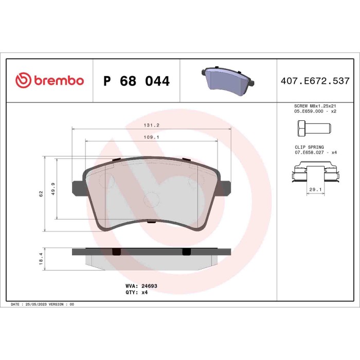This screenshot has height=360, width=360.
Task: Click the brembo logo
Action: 49,80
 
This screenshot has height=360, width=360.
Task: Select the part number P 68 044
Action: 136,81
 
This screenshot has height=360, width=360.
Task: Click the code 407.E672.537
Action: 315,81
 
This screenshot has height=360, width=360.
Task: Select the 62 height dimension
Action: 41,194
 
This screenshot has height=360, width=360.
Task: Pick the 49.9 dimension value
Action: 52,188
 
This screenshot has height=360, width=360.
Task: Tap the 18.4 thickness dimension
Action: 41,257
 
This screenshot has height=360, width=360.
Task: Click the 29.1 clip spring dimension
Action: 315,190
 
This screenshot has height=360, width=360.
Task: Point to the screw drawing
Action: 308,127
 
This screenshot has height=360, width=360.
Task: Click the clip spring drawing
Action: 315,172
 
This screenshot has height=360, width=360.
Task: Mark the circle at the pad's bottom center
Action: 152,199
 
